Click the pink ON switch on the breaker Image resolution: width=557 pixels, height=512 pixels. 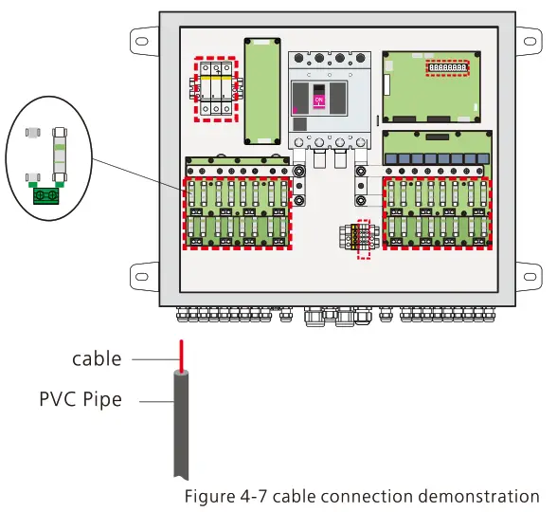pos(319,100)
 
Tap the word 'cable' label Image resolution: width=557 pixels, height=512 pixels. pos(97,358)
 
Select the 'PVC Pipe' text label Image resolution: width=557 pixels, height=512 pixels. pos(81,399)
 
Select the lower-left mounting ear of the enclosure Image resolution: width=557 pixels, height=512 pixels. pos(141,276)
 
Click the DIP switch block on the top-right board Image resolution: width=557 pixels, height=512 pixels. pos(447,69)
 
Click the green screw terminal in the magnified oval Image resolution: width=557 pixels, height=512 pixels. pos(44,196)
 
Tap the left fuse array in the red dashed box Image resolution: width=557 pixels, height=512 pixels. pos(238,213)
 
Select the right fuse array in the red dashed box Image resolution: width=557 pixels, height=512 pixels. pos(437,213)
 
